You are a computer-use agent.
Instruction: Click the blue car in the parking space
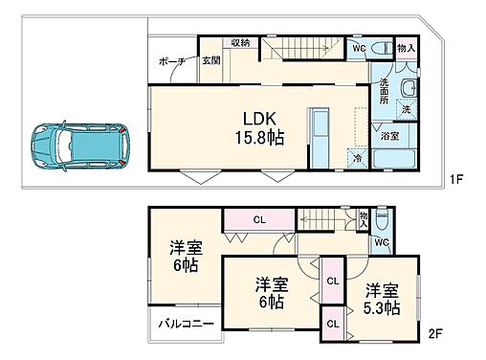(x=77, y=146)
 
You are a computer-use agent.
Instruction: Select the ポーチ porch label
(x=172, y=61)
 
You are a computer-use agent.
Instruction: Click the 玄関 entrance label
(x=210, y=61)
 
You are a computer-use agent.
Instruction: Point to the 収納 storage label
(x=240, y=43)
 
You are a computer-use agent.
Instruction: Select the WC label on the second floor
(x=381, y=243)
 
